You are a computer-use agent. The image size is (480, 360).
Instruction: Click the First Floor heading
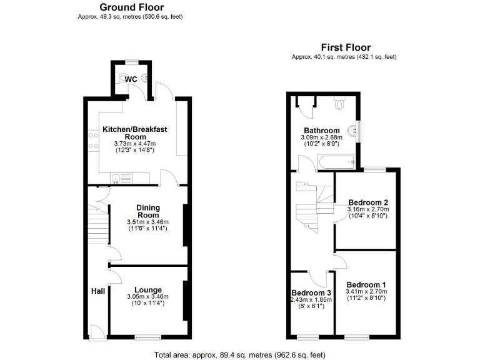(x=346, y=47)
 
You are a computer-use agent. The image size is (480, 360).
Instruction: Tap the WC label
(x=131, y=79)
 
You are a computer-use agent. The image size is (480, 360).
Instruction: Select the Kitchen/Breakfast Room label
(x=134, y=133)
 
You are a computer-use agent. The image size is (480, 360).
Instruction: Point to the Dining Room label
(x=148, y=211)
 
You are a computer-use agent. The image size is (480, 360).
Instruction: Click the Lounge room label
(x=147, y=289)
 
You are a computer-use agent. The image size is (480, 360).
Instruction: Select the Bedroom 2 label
(x=368, y=202)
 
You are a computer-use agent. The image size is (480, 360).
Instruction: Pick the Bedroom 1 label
(x=366, y=284)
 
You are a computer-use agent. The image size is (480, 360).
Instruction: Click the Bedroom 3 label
(x=311, y=292)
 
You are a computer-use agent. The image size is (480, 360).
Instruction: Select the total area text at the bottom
(x=240, y=354)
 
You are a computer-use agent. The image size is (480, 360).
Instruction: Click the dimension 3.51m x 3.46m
(x=148, y=221)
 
